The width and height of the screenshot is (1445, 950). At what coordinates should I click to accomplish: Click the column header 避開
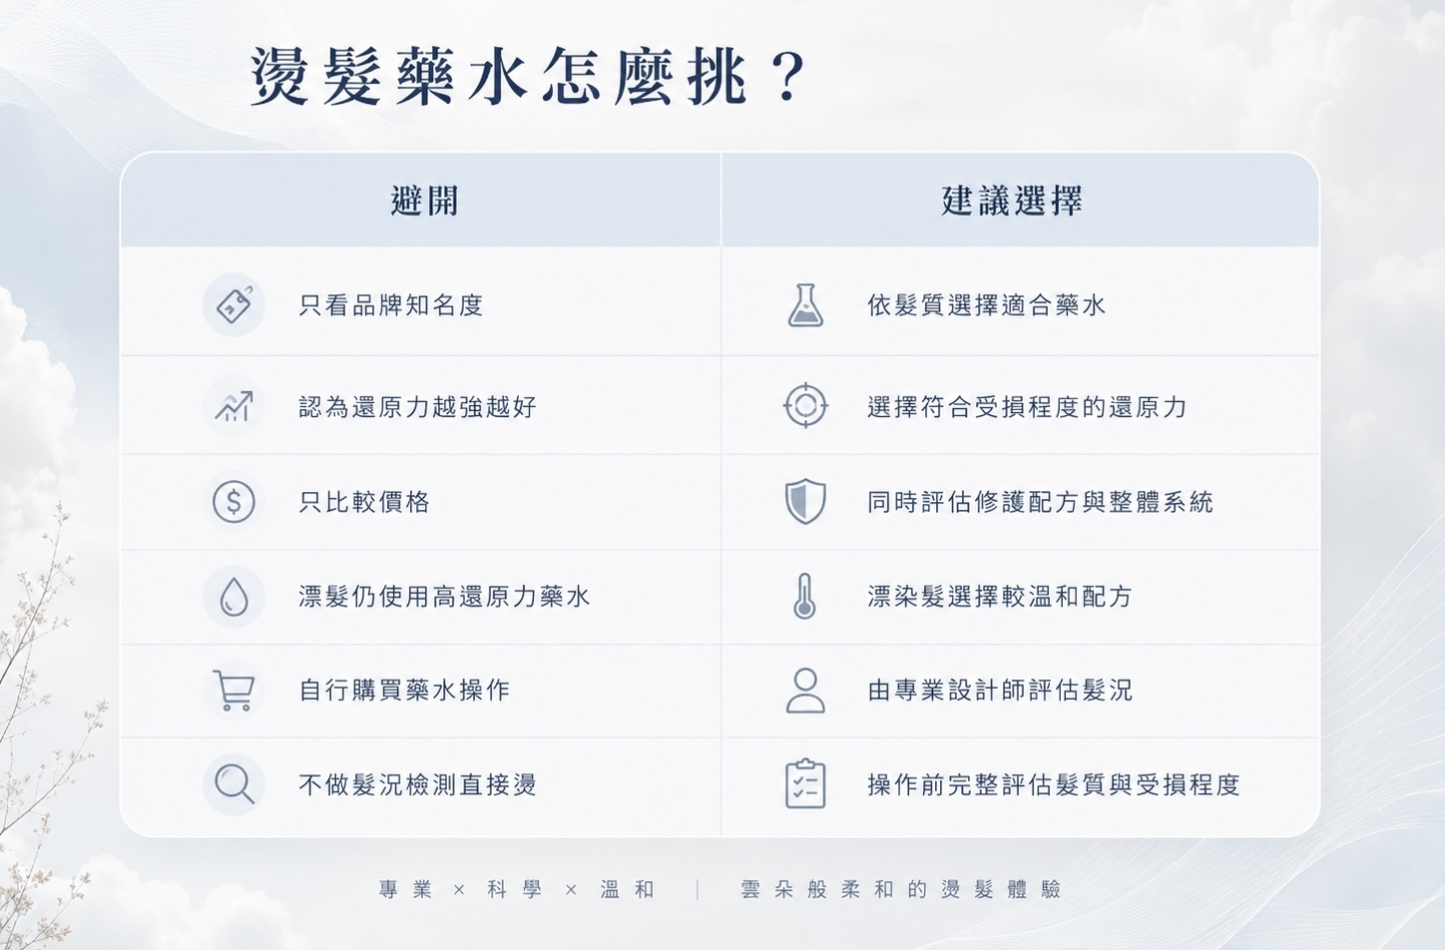[424, 201]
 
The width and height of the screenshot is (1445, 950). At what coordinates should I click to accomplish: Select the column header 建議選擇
[1012, 201]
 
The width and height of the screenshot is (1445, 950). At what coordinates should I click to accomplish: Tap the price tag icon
[235, 304]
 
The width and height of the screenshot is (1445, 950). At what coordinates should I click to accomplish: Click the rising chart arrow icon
[234, 406]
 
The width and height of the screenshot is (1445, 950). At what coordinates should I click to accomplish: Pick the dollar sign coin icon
[234, 502]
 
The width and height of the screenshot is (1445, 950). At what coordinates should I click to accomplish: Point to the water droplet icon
[234, 597]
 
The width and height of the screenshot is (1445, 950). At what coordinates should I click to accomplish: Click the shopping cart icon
[234, 691]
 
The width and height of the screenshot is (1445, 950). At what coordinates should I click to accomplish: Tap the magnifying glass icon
[235, 784]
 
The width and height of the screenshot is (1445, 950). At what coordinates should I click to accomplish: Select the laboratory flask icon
[805, 304]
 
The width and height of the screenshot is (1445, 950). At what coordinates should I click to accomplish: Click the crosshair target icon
[805, 406]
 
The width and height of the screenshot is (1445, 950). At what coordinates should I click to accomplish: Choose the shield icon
[805, 501]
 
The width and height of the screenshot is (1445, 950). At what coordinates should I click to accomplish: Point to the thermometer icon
[804, 597]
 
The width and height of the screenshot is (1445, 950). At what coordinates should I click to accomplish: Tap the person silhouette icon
[805, 691]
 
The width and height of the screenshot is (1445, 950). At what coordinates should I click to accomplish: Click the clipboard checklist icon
[805, 783]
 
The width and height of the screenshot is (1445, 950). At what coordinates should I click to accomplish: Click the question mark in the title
[787, 78]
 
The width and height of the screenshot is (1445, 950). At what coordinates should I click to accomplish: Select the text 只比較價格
[364, 502]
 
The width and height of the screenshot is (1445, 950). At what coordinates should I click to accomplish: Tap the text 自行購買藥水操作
[404, 691]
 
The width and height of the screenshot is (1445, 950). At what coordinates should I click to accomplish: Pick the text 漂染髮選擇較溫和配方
[999, 597]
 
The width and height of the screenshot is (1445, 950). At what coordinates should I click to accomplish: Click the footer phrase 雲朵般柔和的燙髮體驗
[900, 889]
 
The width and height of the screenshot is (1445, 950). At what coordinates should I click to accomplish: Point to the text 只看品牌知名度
[391, 305]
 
